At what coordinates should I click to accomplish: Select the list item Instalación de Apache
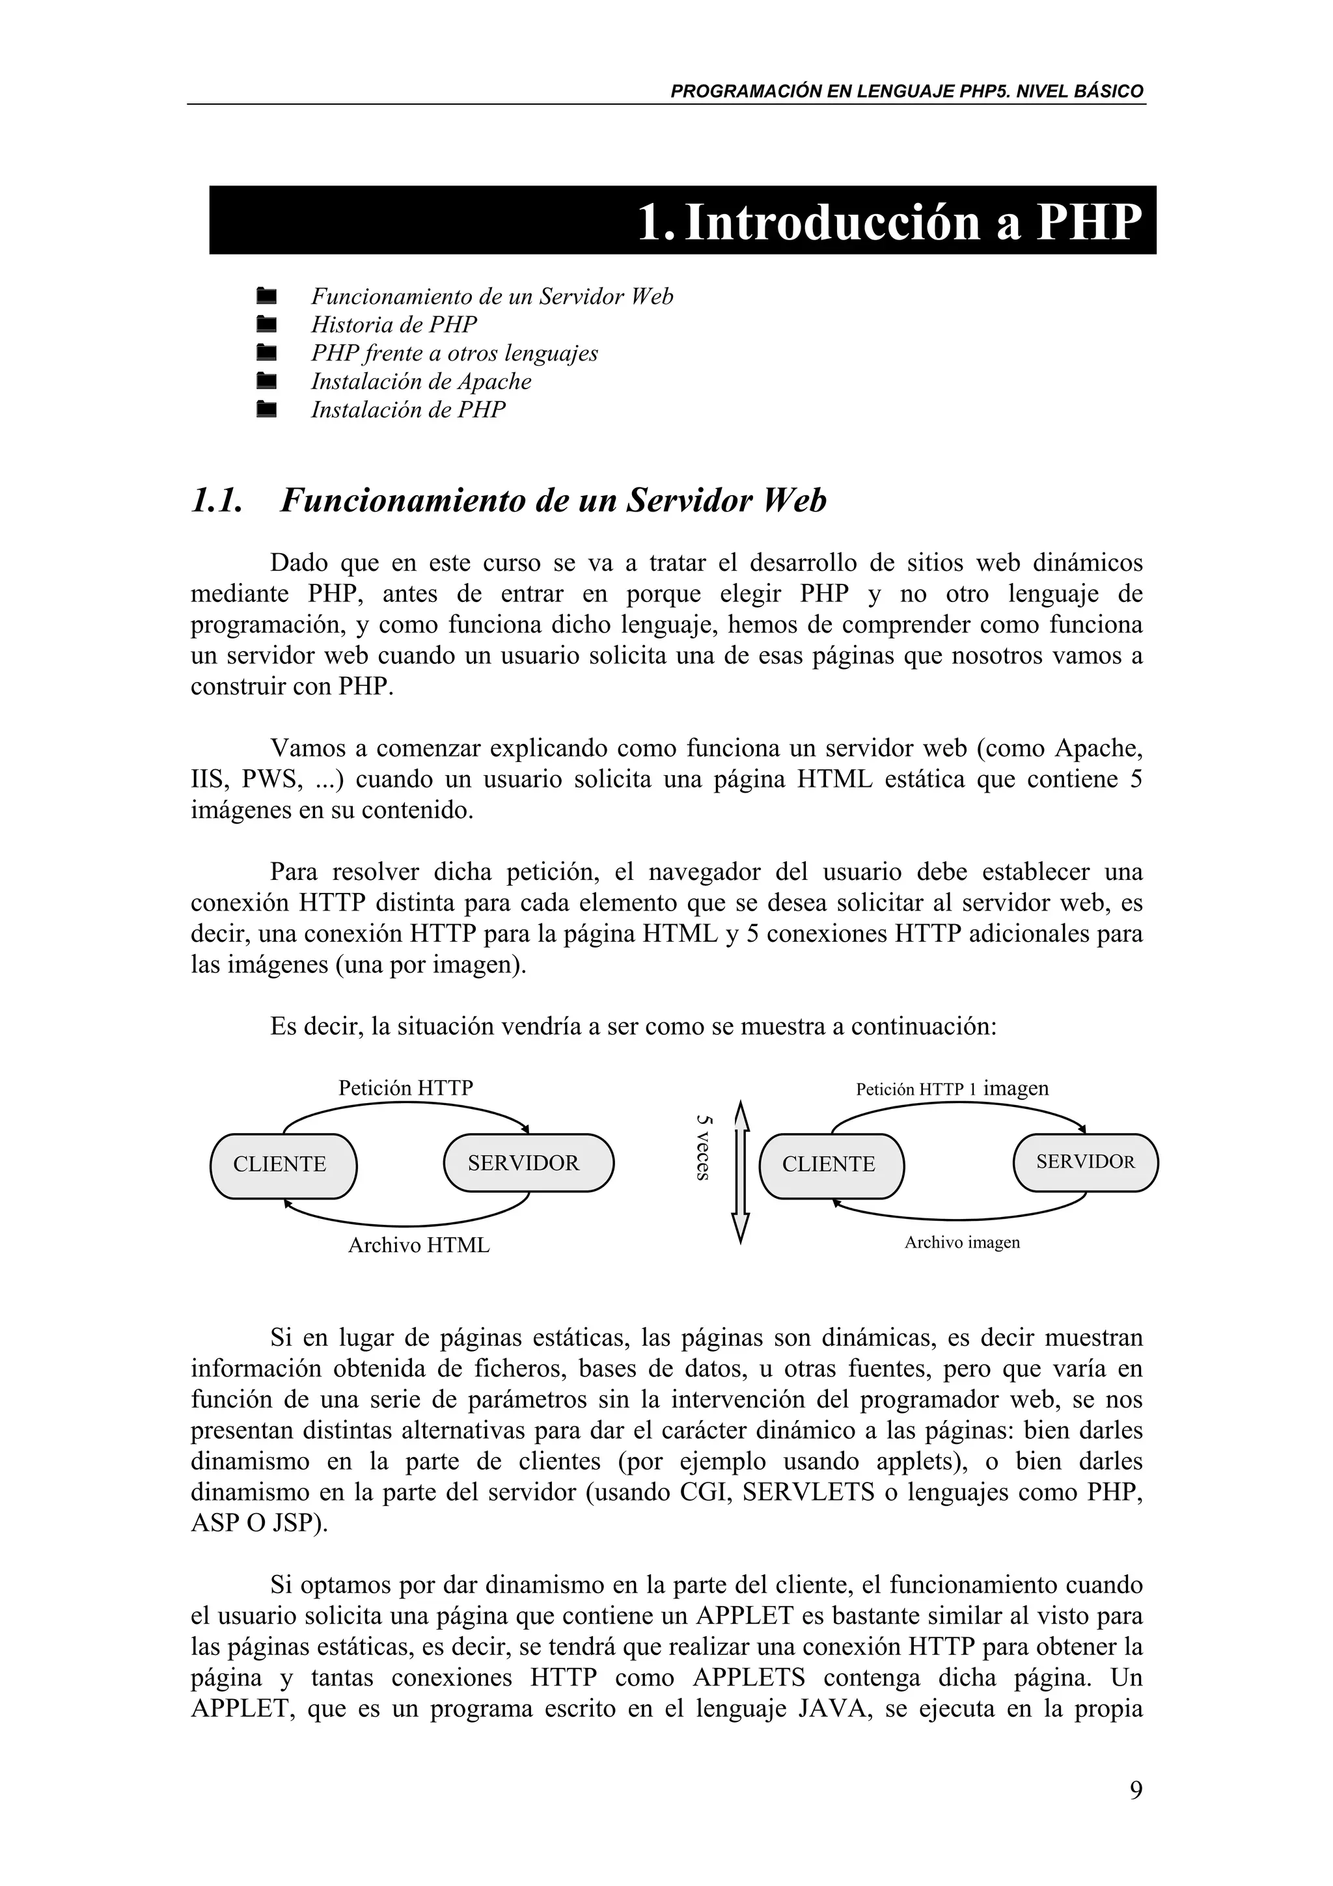[420, 381]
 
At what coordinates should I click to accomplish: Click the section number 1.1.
[217, 501]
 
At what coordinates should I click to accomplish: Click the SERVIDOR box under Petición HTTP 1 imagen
[1085, 1162]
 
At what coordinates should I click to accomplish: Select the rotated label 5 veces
[703, 1147]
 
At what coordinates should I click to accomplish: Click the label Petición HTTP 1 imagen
[952, 1089]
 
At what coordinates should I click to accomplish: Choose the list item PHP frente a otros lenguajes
[454, 353]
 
